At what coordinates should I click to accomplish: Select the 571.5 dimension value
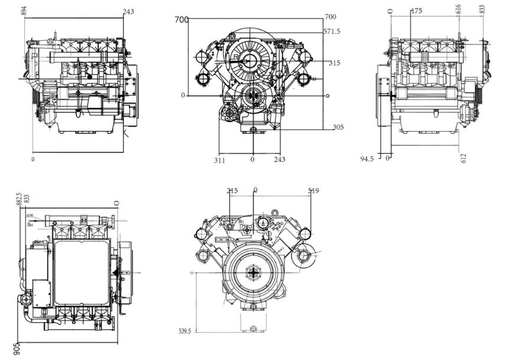[x=332, y=31]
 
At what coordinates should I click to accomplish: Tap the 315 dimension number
[x=335, y=63]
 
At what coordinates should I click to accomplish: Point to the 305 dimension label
[x=338, y=127]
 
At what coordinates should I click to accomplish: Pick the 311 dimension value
[x=219, y=160]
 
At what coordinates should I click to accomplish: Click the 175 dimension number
[x=416, y=11]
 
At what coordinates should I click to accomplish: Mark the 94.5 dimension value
[x=367, y=158]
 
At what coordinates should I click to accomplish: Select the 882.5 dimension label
[x=20, y=199]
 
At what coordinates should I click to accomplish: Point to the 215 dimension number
[x=232, y=191]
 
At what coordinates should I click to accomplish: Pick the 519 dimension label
[x=313, y=191]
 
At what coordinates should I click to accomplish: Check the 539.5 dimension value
[x=185, y=331]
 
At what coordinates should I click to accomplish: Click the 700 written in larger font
[x=182, y=20]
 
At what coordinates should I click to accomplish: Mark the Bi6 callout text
[x=29, y=223]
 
